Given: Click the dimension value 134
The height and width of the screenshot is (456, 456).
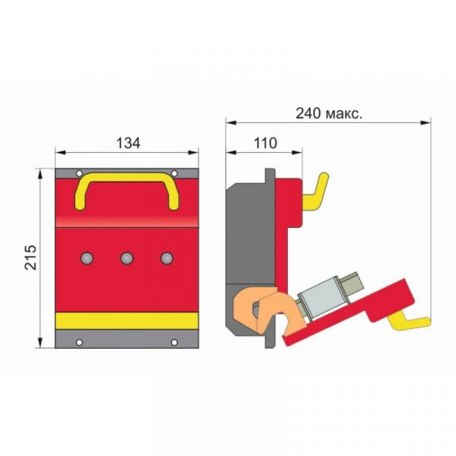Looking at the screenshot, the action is pos(128,143).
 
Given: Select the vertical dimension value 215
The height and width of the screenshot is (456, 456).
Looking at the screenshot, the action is pos(31,258).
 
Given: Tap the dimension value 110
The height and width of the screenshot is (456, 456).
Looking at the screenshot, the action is pos(265,143).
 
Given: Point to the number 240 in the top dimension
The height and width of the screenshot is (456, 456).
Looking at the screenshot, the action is pos(309,113).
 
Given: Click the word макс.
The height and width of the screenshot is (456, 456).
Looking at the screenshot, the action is pos(344,114).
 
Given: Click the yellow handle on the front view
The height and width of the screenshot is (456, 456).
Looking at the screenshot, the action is pos(127,176).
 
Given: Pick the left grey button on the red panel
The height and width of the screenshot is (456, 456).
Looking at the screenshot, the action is pos(87,258).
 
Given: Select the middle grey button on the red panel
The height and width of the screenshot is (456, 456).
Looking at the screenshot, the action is pos(127,258).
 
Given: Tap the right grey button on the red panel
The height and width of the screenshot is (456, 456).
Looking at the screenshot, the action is pos(167,258).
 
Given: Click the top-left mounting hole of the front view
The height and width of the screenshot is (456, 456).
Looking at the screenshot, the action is pos(79,173).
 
